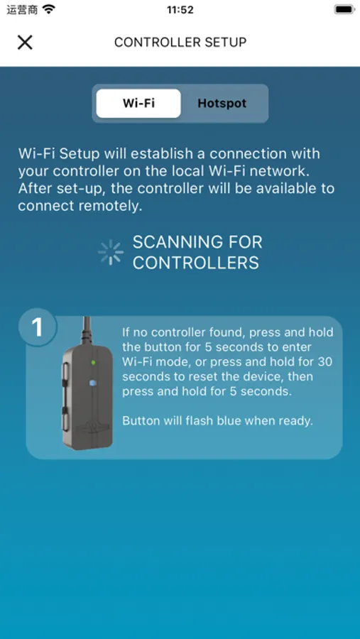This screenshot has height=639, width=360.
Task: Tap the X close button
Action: coord(25,42)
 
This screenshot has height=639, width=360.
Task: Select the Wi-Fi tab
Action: coord(138,103)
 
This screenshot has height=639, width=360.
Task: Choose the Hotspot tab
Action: coord(222,103)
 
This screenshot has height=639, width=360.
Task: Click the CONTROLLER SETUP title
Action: coord(180,42)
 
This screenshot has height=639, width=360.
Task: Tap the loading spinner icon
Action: coord(111,253)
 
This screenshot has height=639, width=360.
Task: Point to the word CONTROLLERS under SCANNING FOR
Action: coord(195,263)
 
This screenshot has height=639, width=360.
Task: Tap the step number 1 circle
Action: coord(37,327)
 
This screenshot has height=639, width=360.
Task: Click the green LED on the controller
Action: coord(93,362)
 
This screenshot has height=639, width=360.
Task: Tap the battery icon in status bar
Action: coord(344,10)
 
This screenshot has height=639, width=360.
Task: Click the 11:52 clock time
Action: coord(180,10)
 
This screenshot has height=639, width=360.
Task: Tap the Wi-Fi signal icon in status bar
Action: coord(48,10)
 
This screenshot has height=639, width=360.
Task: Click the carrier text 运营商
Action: coord(22,10)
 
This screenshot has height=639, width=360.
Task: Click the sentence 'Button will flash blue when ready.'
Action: coord(217,421)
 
